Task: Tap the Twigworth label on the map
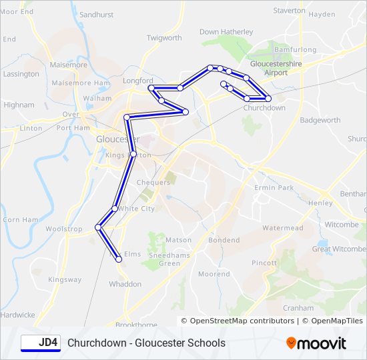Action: [164, 38]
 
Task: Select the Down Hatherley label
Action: [226, 31]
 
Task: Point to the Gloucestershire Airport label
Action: [276, 68]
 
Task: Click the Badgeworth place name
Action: [320, 121]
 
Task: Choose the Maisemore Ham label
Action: [80, 83]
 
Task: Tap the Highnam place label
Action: [19, 105]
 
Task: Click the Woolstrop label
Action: [64, 229]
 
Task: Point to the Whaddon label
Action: [125, 284]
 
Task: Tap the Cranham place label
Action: [298, 308]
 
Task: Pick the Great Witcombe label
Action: [339, 249]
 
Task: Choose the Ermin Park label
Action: [274, 188]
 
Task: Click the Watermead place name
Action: [282, 228]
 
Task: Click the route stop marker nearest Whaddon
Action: [119, 260]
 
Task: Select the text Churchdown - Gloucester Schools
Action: [146, 343]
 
